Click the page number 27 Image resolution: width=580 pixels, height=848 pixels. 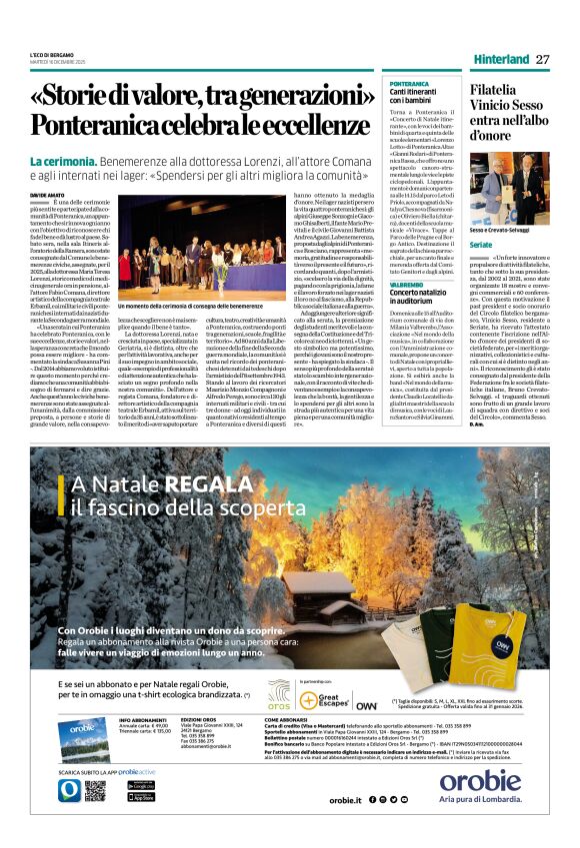click(543, 59)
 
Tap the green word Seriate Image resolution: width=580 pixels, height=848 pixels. click(482, 245)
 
